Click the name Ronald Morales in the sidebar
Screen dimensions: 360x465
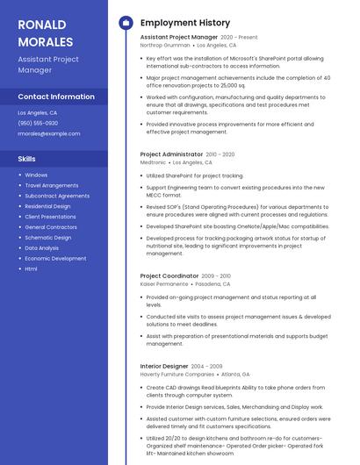click(46, 32)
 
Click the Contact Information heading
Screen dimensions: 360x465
click(56, 97)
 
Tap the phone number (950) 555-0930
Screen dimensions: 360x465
click(38, 124)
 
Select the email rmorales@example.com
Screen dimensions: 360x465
click(49, 134)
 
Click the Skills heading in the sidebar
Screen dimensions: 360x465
click(26, 159)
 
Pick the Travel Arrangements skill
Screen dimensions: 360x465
click(52, 185)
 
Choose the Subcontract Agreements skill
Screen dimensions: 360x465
click(57, 196)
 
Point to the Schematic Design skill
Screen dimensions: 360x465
click(48, 238)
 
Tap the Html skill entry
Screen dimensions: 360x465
click(31, 268)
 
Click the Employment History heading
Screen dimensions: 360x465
click(185, 23)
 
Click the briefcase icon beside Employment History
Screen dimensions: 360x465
click(125, 23)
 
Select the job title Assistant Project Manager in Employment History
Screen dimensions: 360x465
click(179, 38)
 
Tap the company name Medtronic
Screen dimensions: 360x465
click(153, 162)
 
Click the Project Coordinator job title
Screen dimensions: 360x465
click(169, 276)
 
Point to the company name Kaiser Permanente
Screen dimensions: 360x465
click(164, 284)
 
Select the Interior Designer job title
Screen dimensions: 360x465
click(164, 366)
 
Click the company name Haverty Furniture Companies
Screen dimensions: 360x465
click(177, 374)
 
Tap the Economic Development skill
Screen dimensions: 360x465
click(55, 258)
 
